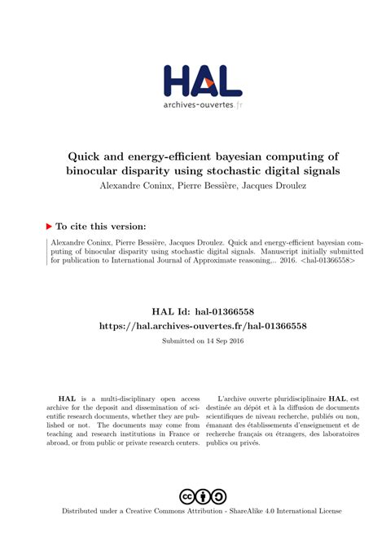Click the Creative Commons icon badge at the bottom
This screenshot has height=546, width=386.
tap(203, 496)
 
